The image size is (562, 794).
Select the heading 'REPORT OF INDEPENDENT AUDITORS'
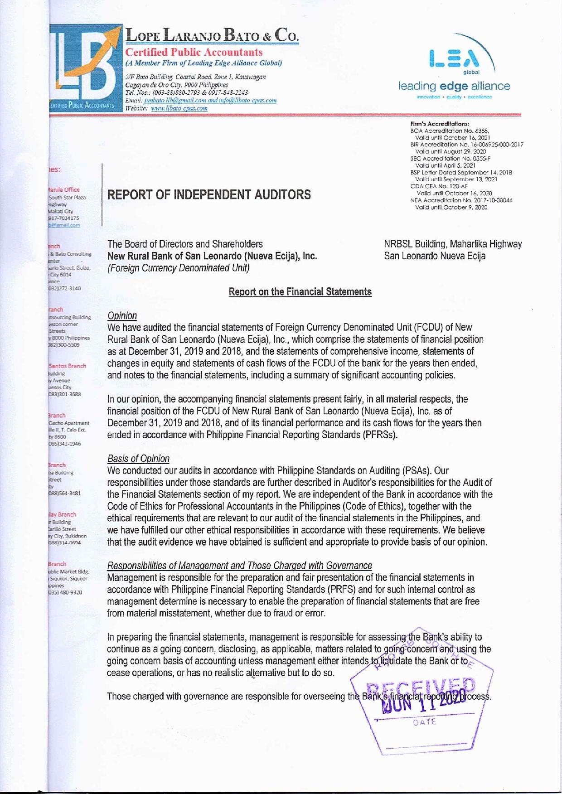pos(209,195)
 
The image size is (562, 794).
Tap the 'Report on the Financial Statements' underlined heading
pos(300,292)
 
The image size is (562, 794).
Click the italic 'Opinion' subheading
pos(122,315)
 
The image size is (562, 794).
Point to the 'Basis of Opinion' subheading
pos(138,459)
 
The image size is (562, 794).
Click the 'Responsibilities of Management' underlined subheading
pos(239,566)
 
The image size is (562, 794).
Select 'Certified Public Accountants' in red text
pos(194,52)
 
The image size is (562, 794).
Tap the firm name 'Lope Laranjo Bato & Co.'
pos(212,35)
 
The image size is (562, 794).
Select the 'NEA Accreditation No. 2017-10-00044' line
pos(461,200)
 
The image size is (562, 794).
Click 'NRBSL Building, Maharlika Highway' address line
pos(453,244)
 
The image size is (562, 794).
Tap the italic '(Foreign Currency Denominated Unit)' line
pos(179,268)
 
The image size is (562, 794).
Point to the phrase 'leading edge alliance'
pos(454,86)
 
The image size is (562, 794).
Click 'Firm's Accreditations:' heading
pos(439,123)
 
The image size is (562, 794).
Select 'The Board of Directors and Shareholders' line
pos(185,244)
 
